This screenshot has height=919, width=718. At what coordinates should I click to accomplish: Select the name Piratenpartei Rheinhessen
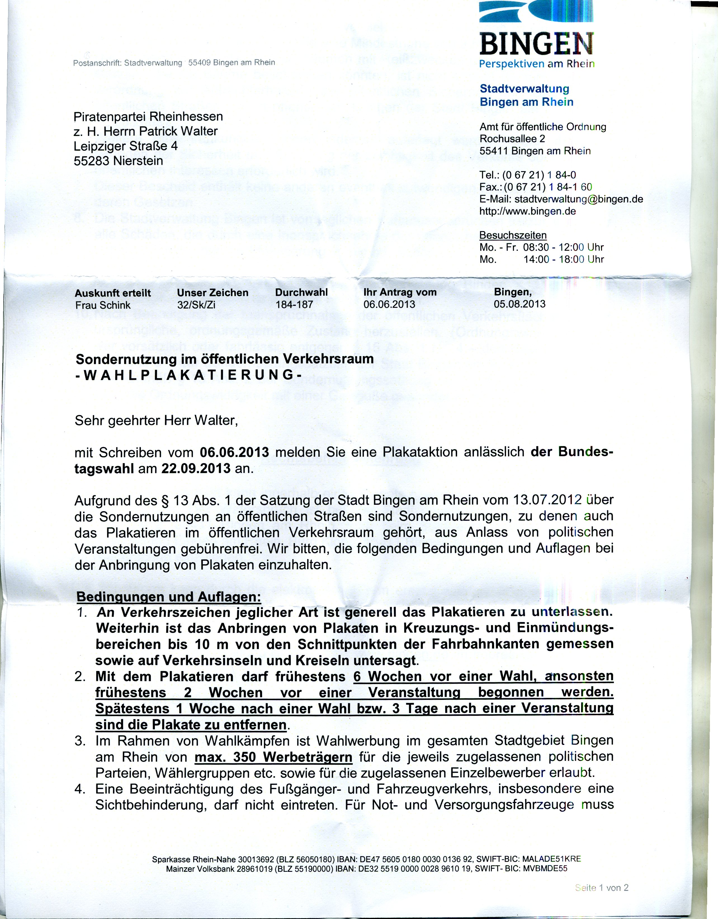148,116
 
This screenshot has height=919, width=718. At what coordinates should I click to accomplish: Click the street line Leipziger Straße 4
126,146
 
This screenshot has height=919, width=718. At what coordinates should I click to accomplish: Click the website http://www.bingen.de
527,211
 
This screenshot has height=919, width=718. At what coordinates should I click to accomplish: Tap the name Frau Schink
103,305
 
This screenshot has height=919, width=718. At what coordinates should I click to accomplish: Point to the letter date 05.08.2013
519,304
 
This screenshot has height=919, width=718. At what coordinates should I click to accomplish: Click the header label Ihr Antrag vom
400,292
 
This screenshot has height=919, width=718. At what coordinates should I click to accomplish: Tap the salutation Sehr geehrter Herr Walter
156,420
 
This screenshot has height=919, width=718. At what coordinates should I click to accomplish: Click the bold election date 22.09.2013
196,468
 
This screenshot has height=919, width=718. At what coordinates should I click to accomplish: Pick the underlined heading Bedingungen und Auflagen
168,597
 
